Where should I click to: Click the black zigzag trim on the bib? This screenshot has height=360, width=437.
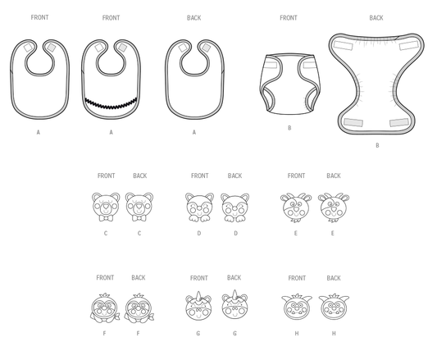coord(111,103)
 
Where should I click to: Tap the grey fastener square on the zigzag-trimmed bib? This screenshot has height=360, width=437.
coord(122,48)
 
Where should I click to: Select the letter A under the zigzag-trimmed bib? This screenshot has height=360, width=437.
coord(111,132)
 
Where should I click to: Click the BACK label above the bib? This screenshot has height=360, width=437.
coord(194,18)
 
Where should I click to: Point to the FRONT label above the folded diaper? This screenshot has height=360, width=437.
coord(289,18)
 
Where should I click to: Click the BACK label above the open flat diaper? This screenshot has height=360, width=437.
coord(376,18)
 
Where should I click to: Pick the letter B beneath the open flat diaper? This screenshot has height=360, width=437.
coord(377,145)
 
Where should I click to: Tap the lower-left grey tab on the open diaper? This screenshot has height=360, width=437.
coord(353,122)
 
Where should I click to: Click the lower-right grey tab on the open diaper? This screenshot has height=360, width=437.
coord(399,122)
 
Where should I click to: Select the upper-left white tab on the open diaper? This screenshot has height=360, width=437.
coord(344,44)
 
